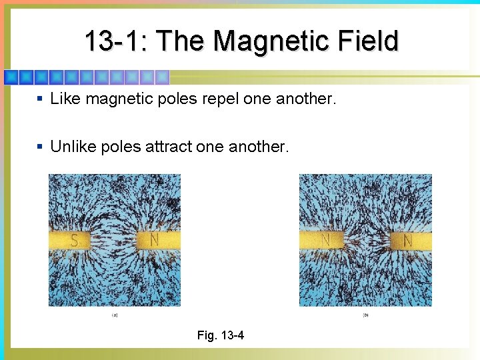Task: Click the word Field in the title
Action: coord(367,41)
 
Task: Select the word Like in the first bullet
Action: coord(65,99)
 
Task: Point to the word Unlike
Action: coord(73,147)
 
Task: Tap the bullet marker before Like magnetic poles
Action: coord(40,99)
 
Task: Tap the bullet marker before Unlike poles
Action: coord(40,147)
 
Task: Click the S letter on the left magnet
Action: coord(74,240)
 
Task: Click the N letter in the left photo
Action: coord(155,239)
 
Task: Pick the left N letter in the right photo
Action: coord(326,239)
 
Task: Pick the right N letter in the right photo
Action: coord(407,239)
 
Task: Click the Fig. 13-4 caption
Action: coord(221,335)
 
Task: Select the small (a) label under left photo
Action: coord(115,315)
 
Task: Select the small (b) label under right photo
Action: coord(365,315)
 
